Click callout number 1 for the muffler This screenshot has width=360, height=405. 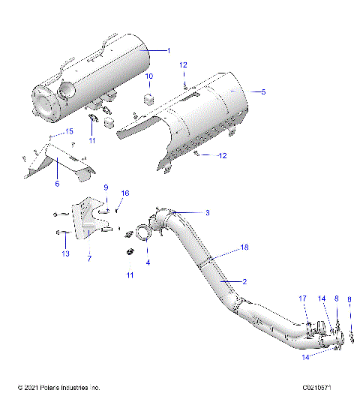tap(169, 50)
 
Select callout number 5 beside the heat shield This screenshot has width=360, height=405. tap(263, 91)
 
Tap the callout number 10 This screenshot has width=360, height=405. tap(149, 76)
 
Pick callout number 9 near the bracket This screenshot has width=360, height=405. tap(106, 187)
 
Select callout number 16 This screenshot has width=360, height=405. tap(125, 193)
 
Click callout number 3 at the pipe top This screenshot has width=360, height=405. tap(207, 213)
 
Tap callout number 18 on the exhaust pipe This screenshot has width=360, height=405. tap(244, 247)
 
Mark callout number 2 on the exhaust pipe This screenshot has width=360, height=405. tap(244, 281)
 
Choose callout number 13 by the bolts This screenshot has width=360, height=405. tap(65, 254)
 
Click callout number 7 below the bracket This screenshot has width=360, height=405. tap(89, 259)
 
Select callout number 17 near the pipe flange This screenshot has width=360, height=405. tap(304, 298)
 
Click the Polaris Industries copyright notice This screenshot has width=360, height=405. tap(58, 388)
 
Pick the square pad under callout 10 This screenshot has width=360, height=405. tap(148, 96)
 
